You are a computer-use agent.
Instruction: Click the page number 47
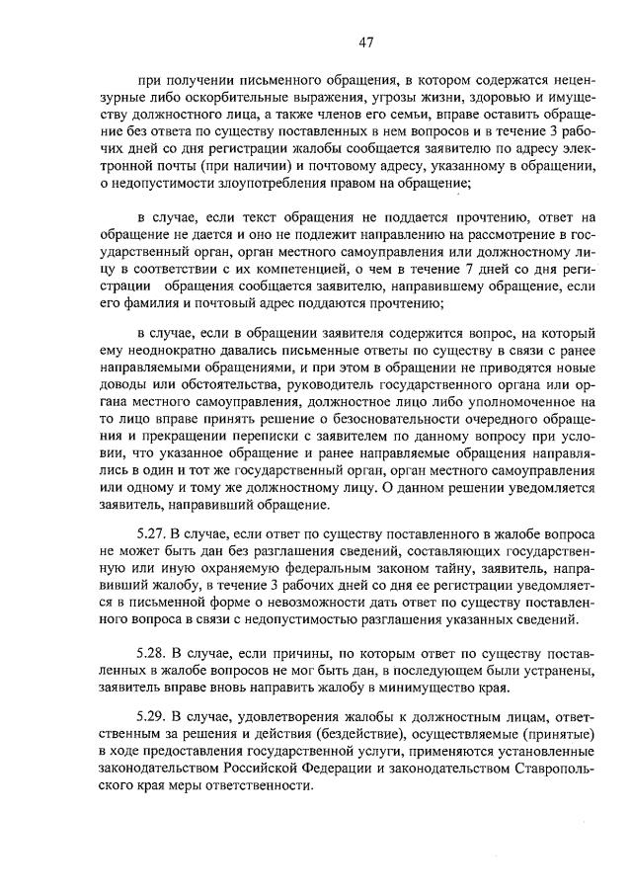coord(365,41)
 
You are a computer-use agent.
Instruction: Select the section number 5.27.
coord(153,533)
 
